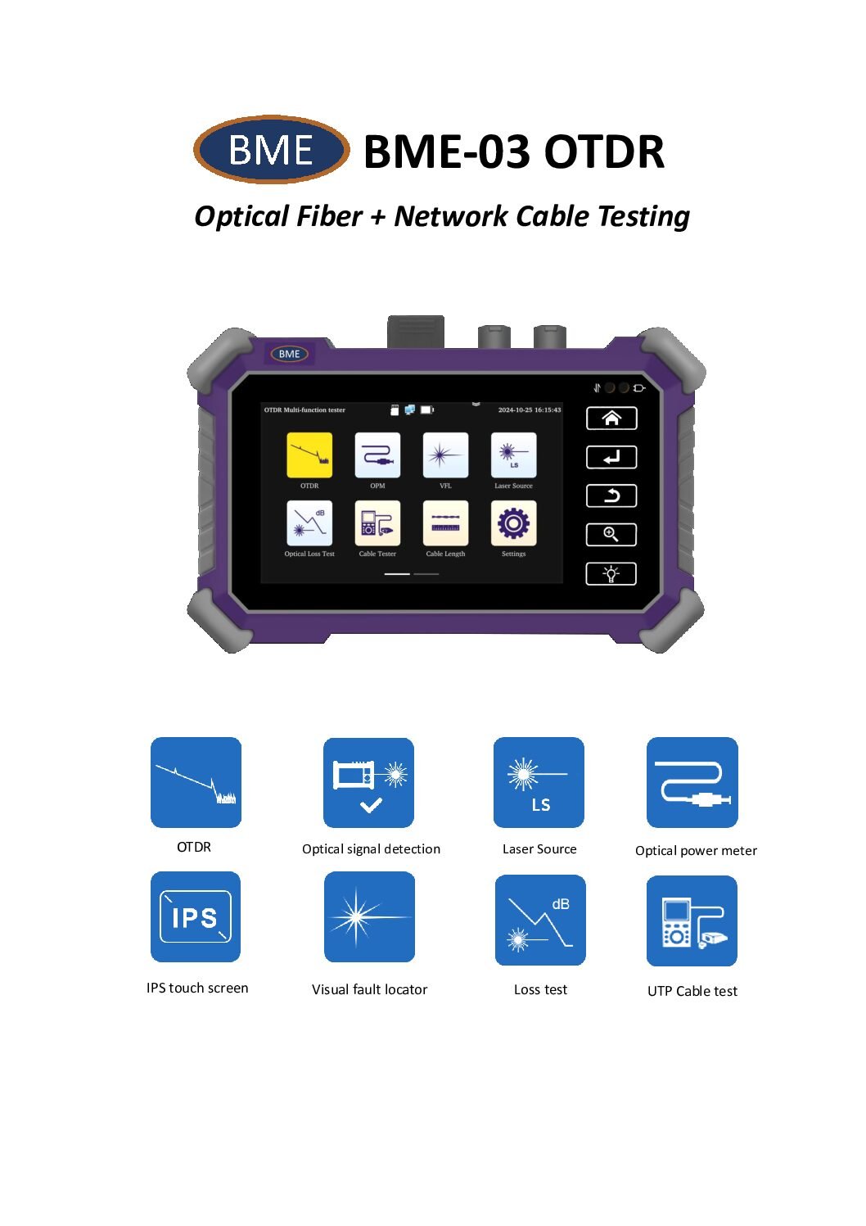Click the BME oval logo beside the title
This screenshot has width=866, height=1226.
[272, 149]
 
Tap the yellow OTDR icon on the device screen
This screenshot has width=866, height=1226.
[309, 455]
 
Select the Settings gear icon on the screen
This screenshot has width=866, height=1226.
[514, 523]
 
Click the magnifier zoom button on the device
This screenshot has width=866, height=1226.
[611, 535]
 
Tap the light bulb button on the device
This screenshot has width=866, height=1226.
[611, 573]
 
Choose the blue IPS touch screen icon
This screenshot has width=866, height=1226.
[196, 916]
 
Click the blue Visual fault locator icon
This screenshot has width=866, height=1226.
[369, 916]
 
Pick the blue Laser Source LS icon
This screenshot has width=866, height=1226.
[539, 782]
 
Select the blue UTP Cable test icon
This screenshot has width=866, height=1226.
[692, 921]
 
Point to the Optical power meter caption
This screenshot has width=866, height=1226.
[696, 851]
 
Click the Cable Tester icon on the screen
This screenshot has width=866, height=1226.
[377, 523]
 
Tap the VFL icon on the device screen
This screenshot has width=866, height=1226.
[446, 455]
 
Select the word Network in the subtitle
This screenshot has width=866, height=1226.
[451, 215]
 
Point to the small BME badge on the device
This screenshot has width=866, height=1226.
[290, 354]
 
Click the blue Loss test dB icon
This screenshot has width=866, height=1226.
[540, 920]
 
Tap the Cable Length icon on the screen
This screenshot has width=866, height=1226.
[446, 523]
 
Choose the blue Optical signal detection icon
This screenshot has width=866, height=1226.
[368, 783]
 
